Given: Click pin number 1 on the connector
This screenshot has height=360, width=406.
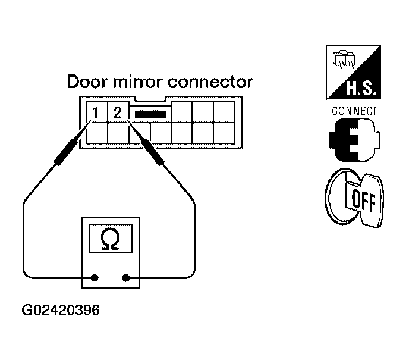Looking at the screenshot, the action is pos(96,112).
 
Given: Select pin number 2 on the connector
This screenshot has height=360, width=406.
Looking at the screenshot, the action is pos(118,112).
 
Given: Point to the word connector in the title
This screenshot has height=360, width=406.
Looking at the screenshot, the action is pos(210,82).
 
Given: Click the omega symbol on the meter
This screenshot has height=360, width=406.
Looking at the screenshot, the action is pos(111,239).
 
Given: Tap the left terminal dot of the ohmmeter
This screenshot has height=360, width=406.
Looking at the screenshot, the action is pos(95,278).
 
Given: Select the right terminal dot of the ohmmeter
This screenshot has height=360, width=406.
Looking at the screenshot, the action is pos(125,278).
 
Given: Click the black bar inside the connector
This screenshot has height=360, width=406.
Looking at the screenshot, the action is pos(150,114).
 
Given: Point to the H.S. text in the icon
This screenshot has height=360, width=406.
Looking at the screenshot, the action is pos(361,88).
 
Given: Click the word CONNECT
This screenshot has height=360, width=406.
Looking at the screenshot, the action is pos(354,111).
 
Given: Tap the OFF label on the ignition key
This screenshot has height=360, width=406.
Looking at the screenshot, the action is pos(364,201).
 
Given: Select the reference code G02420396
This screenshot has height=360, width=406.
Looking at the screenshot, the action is pos(61,310).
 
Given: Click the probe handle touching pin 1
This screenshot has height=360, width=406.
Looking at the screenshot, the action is pos(67,152).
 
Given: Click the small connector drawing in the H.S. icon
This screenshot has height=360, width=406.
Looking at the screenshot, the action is pos(344,60).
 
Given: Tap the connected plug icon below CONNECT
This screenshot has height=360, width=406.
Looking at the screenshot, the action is pos(354,140).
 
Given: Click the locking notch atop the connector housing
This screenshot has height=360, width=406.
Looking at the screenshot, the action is pos(150,99).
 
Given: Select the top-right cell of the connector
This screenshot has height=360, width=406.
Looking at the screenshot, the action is pos(224,112).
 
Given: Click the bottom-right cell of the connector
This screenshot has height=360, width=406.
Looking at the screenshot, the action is pos(224,133).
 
